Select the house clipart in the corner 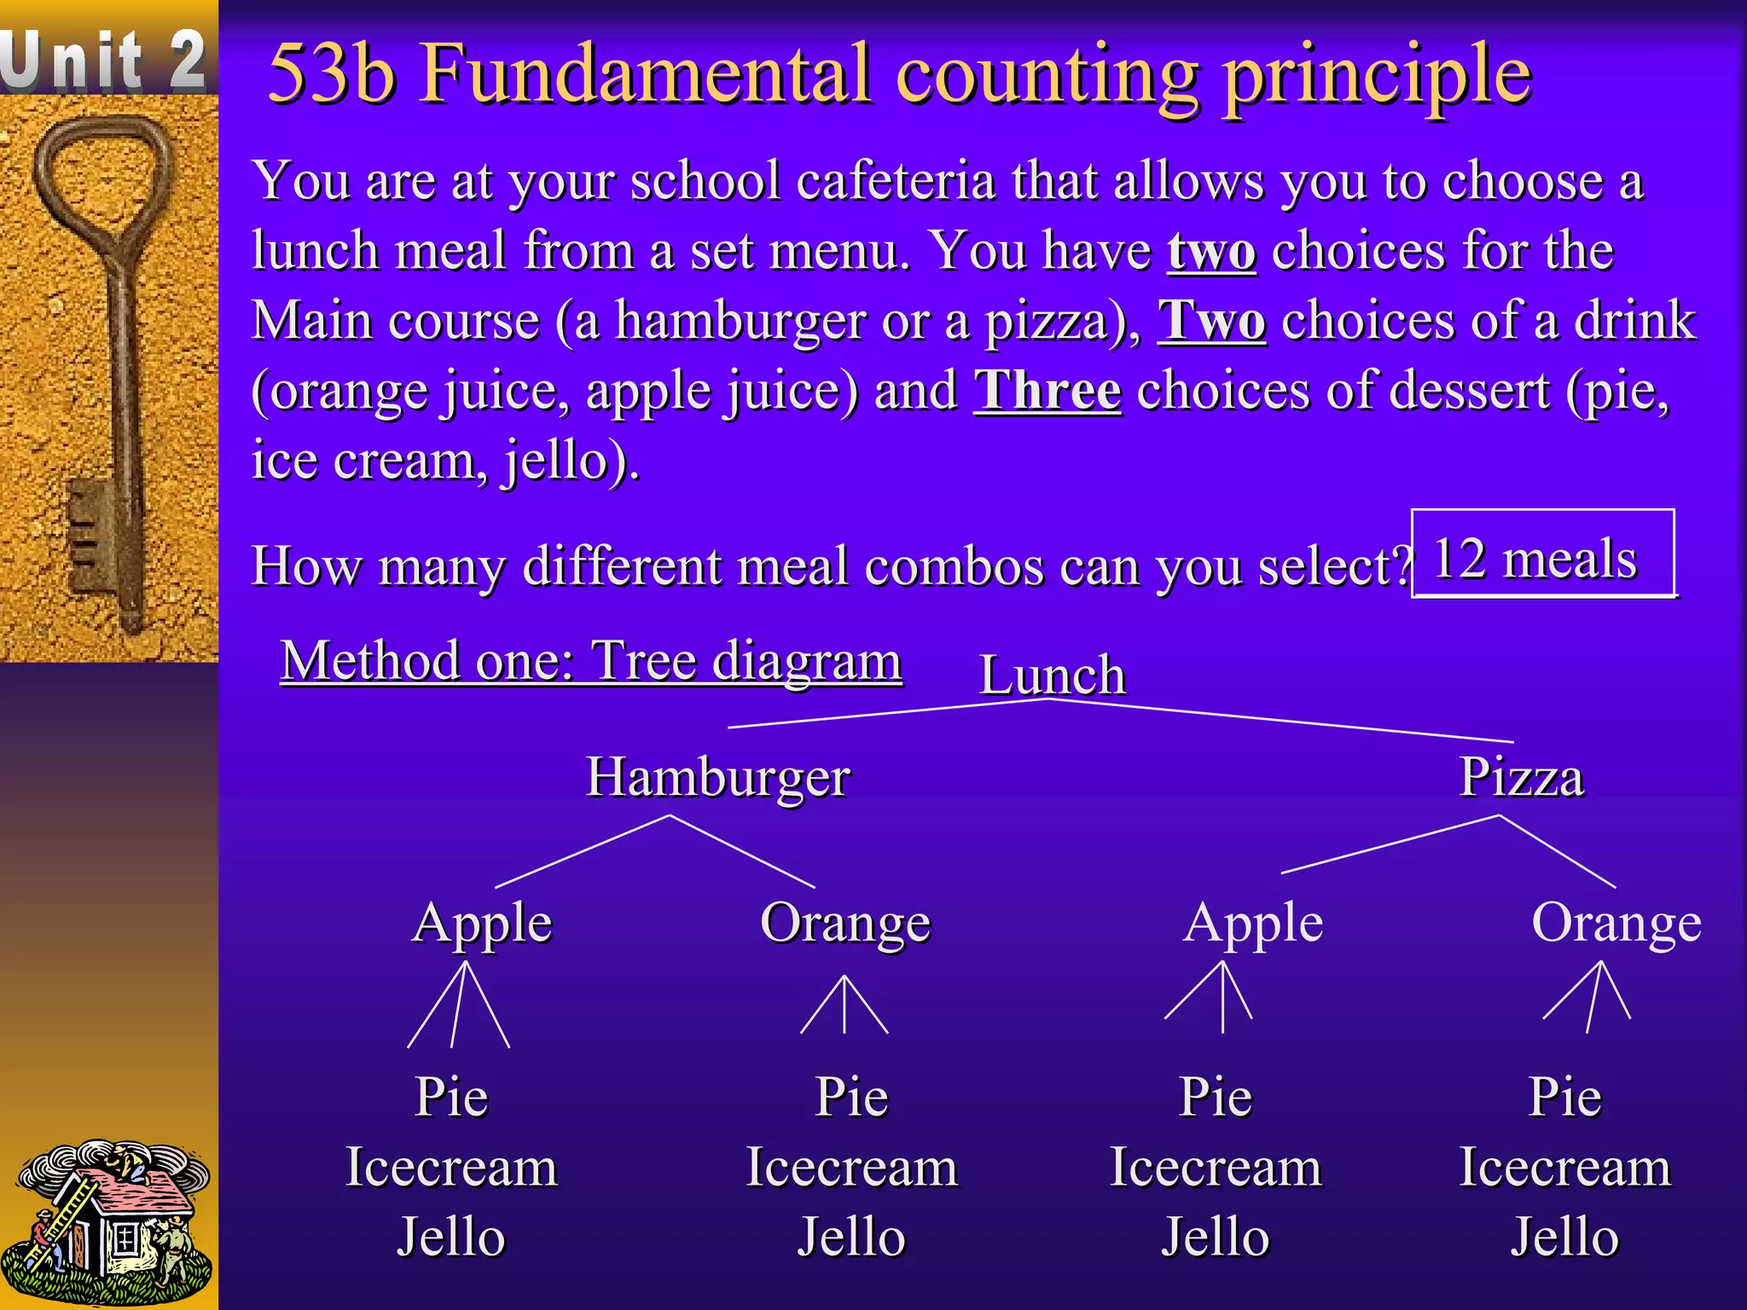107,1220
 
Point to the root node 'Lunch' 1052,675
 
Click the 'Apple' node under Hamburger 482,924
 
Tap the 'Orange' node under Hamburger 844,924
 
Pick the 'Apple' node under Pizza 1252,924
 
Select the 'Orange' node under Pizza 1616,924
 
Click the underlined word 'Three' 1047,391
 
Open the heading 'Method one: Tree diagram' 591,661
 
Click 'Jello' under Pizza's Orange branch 1564,1238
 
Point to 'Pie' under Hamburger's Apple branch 451,1097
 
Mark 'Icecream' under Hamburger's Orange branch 851,1168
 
